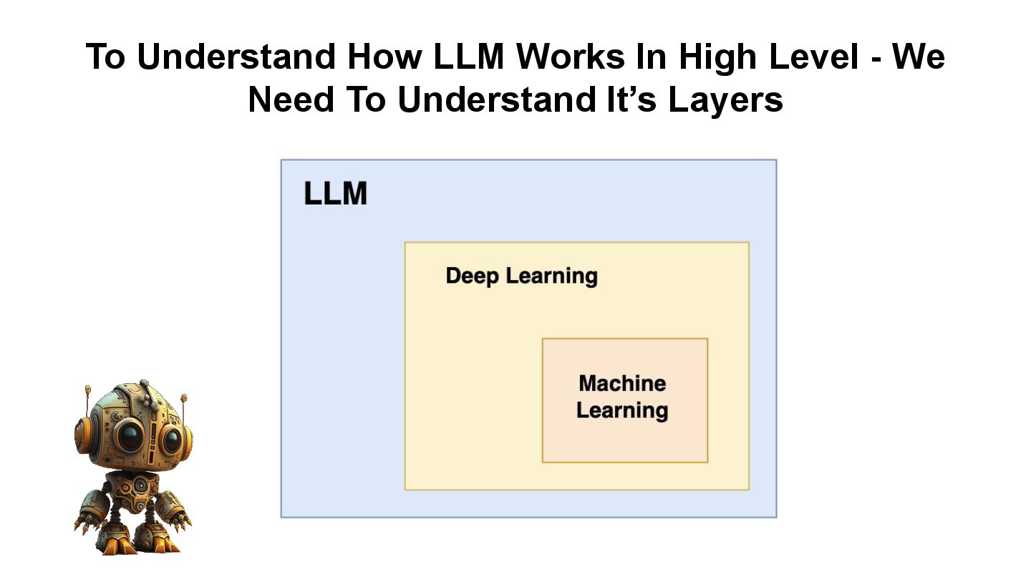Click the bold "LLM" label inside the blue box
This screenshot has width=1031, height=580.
pos(335,194)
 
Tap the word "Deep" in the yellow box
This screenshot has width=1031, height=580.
pos(473,276)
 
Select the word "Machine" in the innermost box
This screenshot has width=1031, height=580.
pos(622,383)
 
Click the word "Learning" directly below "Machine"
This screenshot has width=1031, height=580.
pos(622,410)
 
